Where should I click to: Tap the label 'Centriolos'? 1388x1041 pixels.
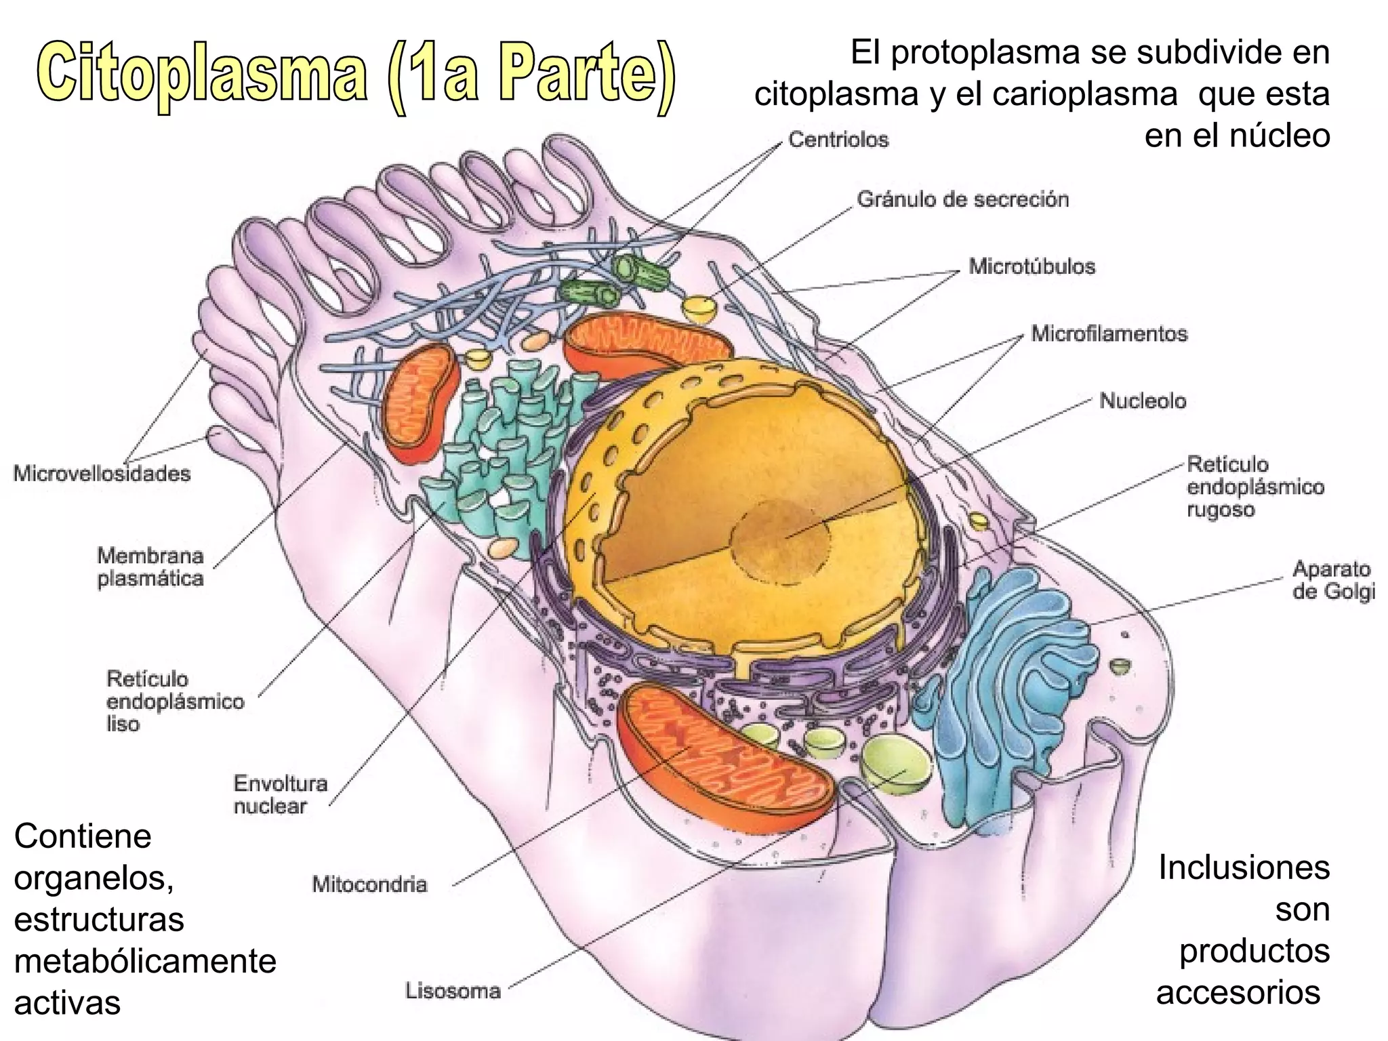pos(838,140)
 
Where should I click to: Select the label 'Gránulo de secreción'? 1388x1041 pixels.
pos(962,200)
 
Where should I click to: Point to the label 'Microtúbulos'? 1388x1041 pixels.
pos(1032,266)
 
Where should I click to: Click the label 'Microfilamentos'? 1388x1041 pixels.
pos(1109,334)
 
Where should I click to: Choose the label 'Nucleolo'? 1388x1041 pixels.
pos(1142,401)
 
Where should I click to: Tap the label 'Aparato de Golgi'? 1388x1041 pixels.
pos(1333,580)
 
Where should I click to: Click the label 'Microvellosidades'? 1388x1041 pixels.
pos(102,473)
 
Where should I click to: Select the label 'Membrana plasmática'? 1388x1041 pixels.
pos(150,567)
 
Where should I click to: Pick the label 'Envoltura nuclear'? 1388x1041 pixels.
pos(280,795)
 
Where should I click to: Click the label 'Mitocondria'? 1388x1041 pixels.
pos(369,884)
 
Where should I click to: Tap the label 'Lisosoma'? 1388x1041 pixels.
pos(453,992)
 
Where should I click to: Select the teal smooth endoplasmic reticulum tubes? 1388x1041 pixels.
pos(502,447)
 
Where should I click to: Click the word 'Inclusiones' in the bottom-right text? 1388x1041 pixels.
pos(1244,867)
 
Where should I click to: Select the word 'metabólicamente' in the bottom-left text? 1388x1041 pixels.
pos(145,962)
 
